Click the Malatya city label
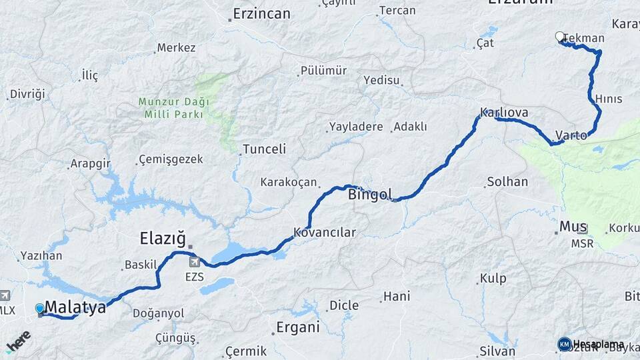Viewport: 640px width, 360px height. [x=75, y=307]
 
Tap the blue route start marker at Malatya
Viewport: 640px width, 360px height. [x=40, y=308]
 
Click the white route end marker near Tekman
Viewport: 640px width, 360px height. [x=560, y=37]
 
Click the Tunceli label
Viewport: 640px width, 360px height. [x=264, y=149]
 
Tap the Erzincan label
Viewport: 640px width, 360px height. [x=261, y=13]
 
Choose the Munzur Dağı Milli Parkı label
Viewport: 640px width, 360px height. [x=174, y=108]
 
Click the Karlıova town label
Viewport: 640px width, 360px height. [x=505, y=113]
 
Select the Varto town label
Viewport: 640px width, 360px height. [x=571, y=135]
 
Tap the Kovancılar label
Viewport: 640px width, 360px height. [x=325, y=233]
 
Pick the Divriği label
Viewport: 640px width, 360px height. [x=28, y=94]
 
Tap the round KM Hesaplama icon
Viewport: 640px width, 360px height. [x=565, y=344]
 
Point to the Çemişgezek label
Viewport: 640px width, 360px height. [x=170, y=160]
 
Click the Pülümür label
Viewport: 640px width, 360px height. [x=323, y=71]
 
